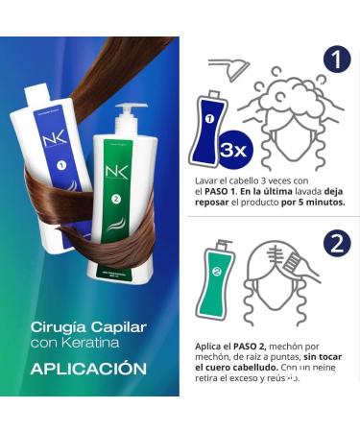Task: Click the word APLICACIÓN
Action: [x=87, y=369]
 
